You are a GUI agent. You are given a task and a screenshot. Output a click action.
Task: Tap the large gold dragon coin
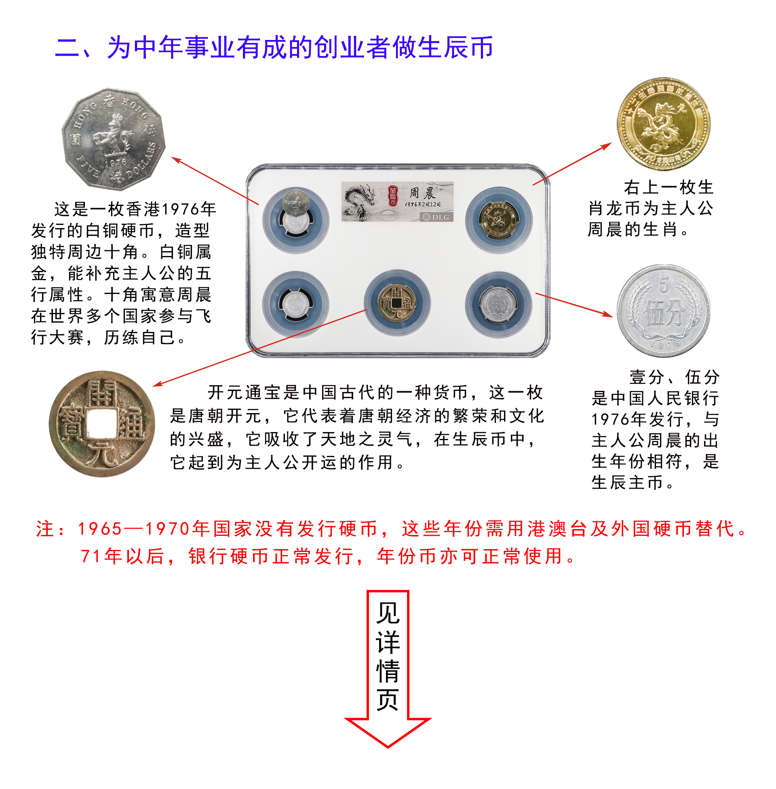663,124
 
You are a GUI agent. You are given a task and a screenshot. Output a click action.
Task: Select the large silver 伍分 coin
663,311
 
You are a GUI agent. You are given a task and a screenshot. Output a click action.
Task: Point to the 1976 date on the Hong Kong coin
116,162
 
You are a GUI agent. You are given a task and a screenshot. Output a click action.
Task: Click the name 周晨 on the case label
422,193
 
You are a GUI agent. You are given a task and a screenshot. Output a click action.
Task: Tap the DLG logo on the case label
436,217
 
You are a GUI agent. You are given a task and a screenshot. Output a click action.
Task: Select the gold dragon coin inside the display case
498,220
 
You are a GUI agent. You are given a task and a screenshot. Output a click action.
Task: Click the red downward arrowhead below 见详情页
388,731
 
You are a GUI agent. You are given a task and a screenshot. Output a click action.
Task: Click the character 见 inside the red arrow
388,613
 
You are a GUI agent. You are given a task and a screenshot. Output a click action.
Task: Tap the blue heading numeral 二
67,48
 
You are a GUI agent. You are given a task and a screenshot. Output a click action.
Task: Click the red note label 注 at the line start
45,529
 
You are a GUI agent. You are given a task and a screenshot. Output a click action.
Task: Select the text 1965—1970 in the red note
134,529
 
